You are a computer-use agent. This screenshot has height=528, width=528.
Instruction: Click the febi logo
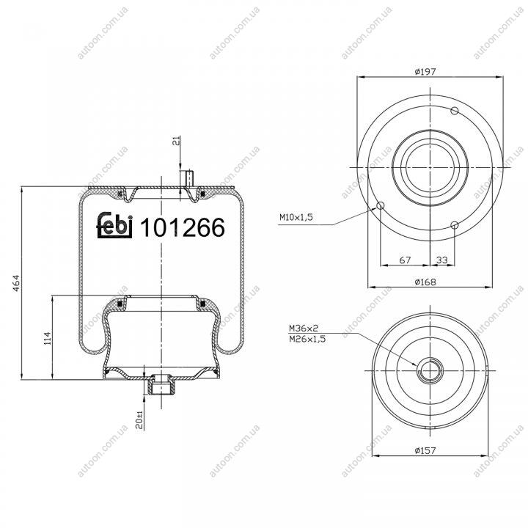click(x=114, y=225)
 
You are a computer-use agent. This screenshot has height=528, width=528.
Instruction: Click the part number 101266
click(x=182, y=227)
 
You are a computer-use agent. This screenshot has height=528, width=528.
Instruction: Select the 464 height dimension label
click(x=16, y=283)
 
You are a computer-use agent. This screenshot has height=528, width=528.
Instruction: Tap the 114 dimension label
click(x=47, y=338)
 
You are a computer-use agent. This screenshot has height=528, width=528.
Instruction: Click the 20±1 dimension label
click(x=139, y=419)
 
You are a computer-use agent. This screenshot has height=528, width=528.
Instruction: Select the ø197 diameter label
click(x=425, y=71)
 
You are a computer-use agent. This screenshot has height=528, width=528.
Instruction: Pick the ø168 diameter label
click(x=425, y=282)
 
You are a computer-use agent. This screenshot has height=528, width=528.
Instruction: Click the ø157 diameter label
click(x=425, y=450)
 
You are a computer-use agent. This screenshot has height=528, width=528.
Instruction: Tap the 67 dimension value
click(x=405, y=260)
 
